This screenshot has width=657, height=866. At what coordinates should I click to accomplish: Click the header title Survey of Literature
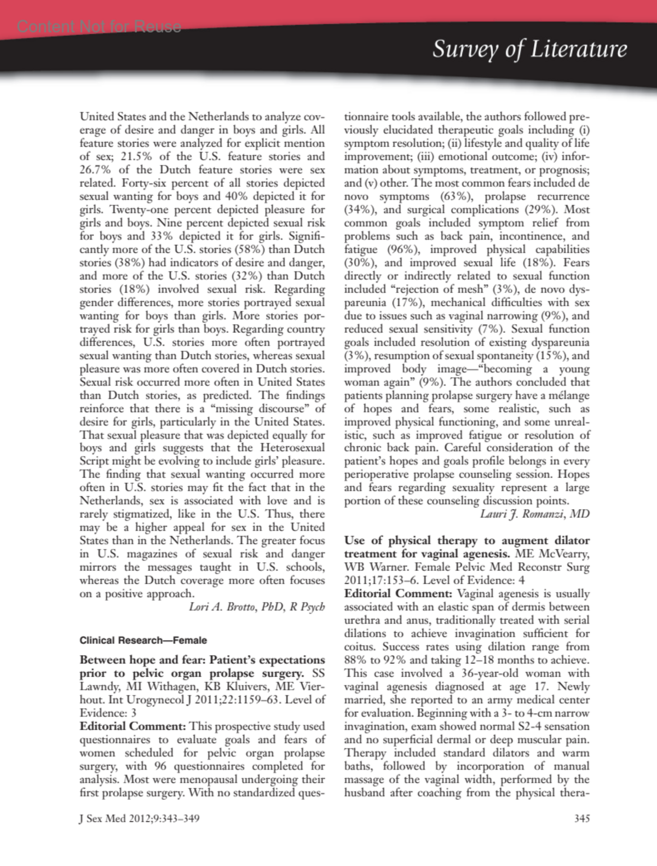click(x=529, y=49)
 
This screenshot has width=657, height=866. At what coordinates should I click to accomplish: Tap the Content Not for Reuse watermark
click(x=99, y=26)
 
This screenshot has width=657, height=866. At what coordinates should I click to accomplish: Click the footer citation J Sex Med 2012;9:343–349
click(x=140, y=818)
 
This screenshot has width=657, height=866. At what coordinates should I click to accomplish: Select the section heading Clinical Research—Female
click(x=143, y=640)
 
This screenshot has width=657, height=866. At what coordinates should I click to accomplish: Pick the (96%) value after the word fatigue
click(x=404, y=250)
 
